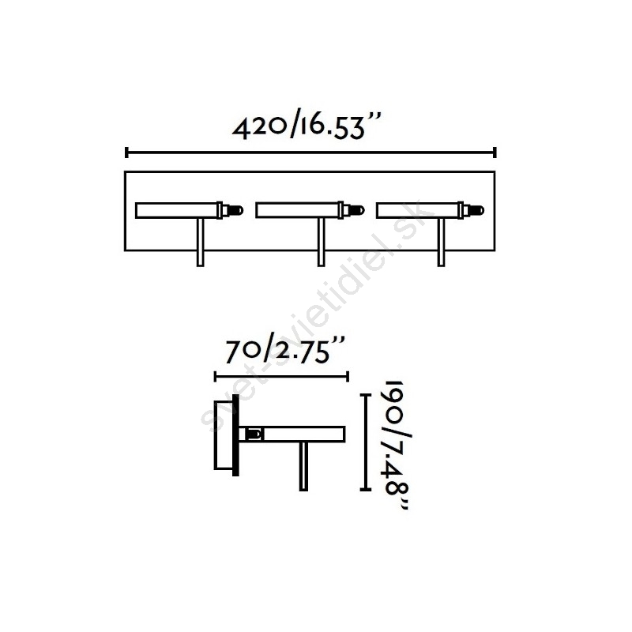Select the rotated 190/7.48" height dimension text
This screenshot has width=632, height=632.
tap(397, 445)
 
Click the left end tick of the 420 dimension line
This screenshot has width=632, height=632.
tap(127, 152)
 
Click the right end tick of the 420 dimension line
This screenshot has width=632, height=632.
tap(495, 152)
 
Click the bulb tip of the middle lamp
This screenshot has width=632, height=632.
tap(360, 210)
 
